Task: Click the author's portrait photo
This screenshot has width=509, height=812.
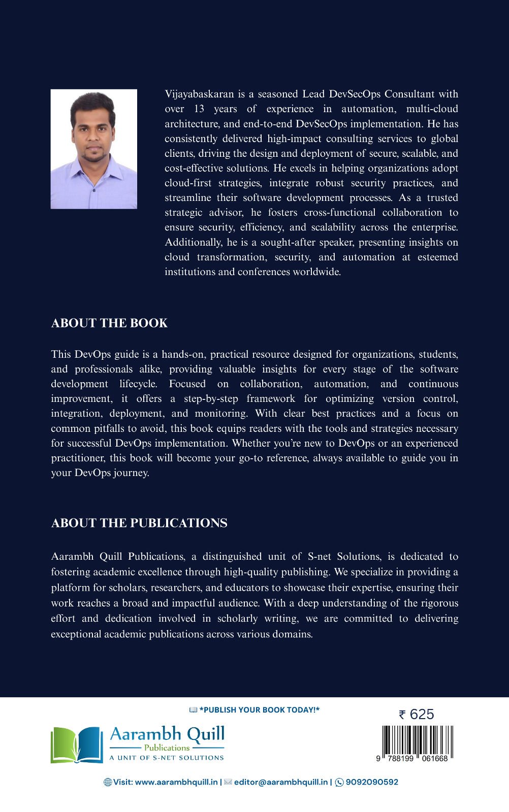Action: coord(94,149)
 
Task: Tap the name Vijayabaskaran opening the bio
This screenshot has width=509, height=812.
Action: coord(199,94)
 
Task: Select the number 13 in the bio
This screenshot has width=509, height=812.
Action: coord(199,109)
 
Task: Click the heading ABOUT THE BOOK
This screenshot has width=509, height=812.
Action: coord(109,323)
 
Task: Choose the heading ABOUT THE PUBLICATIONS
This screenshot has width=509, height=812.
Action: coord(139,523)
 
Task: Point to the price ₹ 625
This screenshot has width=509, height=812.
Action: coord(417,715)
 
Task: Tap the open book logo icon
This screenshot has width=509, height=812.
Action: coord(77,745)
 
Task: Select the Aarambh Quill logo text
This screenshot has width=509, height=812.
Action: coord(167,734)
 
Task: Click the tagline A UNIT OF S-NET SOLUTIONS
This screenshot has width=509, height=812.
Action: coord(167,758)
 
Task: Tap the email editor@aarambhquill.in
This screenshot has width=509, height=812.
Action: coord(281,782)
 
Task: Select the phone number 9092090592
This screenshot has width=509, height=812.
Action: coord(372,782)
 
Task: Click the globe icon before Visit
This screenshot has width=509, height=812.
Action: coord(108,782)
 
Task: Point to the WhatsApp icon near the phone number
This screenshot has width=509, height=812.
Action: coord(339,782)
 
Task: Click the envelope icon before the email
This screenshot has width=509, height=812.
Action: coord(228,782)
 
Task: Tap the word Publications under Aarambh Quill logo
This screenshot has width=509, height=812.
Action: coord(167,748)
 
